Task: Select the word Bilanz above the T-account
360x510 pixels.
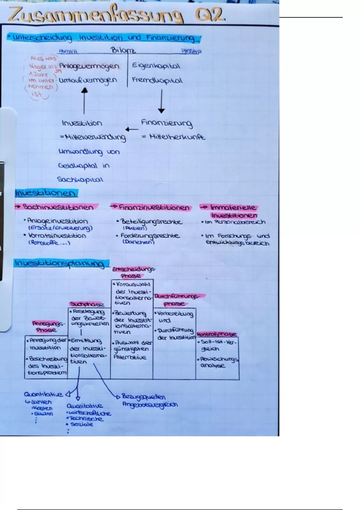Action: pos(123,50)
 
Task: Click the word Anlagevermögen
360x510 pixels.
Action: pos(89,66)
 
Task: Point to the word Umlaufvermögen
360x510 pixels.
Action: pos(88,81)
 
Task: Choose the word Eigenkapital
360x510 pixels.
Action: pos(156,66)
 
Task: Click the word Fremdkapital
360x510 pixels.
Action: pos(157,80)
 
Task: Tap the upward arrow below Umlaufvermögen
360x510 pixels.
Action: pos(85,100)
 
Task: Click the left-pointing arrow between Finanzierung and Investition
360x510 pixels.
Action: pos(132,130)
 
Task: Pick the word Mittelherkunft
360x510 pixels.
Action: pos(177,137)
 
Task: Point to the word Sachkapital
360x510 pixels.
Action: pos(80,180)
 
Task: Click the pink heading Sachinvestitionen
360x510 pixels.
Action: pos(58,207)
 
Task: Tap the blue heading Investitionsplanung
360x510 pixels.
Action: pos(59,263)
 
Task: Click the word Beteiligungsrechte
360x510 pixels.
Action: pos(151,222)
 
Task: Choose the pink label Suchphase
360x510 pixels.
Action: pos(87,304)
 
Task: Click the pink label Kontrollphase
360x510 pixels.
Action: pos(217,334)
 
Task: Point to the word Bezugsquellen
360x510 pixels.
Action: pos(143,397)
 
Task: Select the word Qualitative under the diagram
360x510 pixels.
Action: pos(85,406)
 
